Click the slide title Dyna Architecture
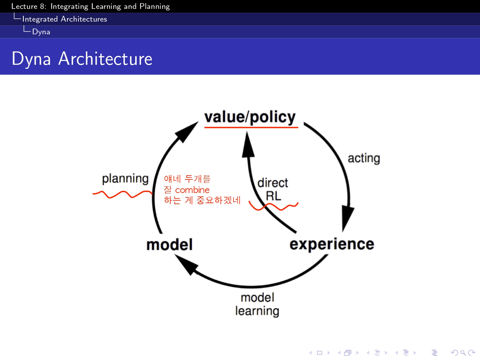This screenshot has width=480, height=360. pos(82,59)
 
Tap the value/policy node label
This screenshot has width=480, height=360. pos(250,117)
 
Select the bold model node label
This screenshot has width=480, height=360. pos(169,245)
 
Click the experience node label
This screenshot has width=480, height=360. pos(332,244)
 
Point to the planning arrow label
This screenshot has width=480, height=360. pos(125,179)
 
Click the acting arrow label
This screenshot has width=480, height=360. pos(364,158)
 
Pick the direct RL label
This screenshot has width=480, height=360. pos(273,189)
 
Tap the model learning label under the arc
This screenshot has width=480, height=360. pos(257,304)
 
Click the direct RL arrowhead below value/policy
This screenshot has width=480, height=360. pos(248,146)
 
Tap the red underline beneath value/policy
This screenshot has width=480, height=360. pos(251,127)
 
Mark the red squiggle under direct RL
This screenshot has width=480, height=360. pos(273,207)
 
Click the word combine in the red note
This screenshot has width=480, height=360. pos(192,190)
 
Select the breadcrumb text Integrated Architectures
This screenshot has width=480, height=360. pos(64,19)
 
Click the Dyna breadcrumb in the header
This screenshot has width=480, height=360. pos(41,32)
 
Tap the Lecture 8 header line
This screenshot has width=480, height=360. pos(90,6)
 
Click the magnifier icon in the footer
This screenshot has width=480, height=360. pos(463,352)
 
